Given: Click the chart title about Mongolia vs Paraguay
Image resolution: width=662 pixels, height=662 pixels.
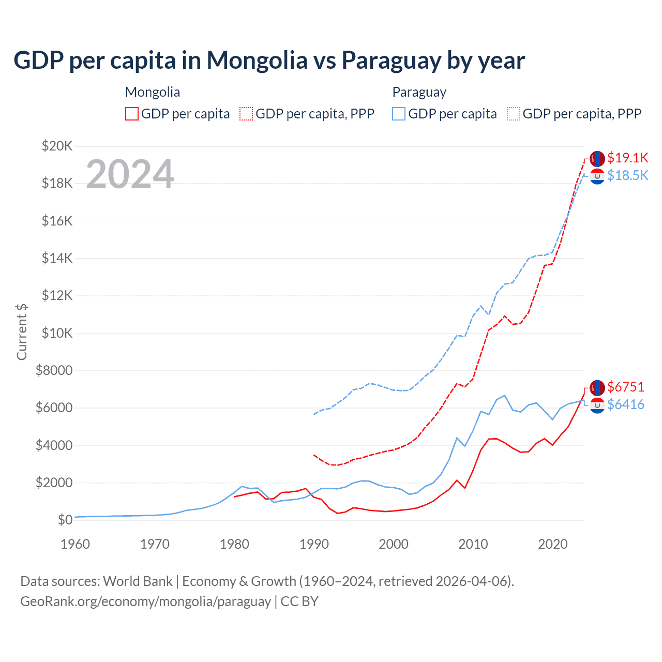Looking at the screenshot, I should point(269,61).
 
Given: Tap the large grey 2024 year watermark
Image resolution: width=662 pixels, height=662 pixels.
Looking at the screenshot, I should point(130,174).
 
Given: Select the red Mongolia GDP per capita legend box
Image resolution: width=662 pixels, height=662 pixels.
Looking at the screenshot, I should point(132,114).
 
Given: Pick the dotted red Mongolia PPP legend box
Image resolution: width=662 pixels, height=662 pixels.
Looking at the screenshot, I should point(246,114).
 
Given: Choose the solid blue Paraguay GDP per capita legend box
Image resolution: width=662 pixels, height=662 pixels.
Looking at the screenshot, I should point(399,114).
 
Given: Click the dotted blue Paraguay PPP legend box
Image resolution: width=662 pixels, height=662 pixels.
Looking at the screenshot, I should point(514,114).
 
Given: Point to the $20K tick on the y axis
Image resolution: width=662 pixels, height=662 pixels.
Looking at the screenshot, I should point(57,146).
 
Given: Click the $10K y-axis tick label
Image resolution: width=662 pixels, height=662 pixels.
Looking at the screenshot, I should point(57,333).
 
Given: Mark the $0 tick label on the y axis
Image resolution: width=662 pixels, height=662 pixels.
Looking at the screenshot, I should point(65,520).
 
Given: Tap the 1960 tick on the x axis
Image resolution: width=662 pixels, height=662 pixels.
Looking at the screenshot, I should point(76,544).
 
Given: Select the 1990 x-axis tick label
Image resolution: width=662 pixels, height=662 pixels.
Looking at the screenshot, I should point(314,544).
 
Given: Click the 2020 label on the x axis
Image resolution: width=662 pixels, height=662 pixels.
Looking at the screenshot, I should point(552,544).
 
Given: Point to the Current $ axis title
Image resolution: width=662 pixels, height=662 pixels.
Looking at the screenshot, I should point(22,332).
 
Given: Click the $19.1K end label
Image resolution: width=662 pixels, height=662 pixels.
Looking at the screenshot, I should point(627,158).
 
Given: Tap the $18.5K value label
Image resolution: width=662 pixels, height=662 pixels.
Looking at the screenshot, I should point(627,176).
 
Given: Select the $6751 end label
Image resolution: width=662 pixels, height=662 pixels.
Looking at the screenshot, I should point(626,387).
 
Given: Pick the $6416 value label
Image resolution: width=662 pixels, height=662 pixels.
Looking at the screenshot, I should point(626,404).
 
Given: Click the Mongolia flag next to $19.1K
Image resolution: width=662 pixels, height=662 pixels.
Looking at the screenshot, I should point(597,158).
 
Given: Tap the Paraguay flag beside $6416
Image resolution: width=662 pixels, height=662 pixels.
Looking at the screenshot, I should point(597,405).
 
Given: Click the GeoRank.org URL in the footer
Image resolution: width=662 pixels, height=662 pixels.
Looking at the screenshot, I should point(145,601).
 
